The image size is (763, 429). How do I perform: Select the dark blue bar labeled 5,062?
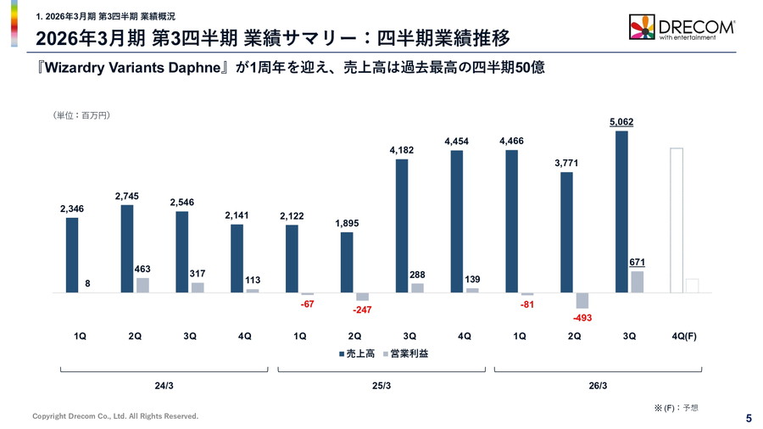(622, 211)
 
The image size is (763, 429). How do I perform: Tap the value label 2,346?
(72, 208)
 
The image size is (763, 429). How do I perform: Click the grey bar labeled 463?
(142, 285)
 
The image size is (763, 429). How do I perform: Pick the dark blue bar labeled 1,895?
(347, 262)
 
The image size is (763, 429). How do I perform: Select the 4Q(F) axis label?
(684, 337)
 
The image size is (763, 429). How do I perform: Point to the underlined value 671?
(637, 263)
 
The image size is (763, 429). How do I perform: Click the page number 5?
(749, 417)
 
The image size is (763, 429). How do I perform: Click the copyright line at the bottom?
(115, 416)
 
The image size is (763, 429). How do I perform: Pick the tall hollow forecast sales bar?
(677, 220)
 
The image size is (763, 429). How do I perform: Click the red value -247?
(362, 310)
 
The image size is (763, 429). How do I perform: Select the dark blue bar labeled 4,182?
(402, 226)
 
